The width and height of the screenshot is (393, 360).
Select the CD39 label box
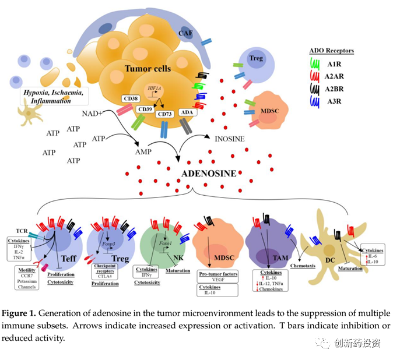(x=144, y=109)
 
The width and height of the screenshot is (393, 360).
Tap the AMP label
(x=143, y=152)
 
